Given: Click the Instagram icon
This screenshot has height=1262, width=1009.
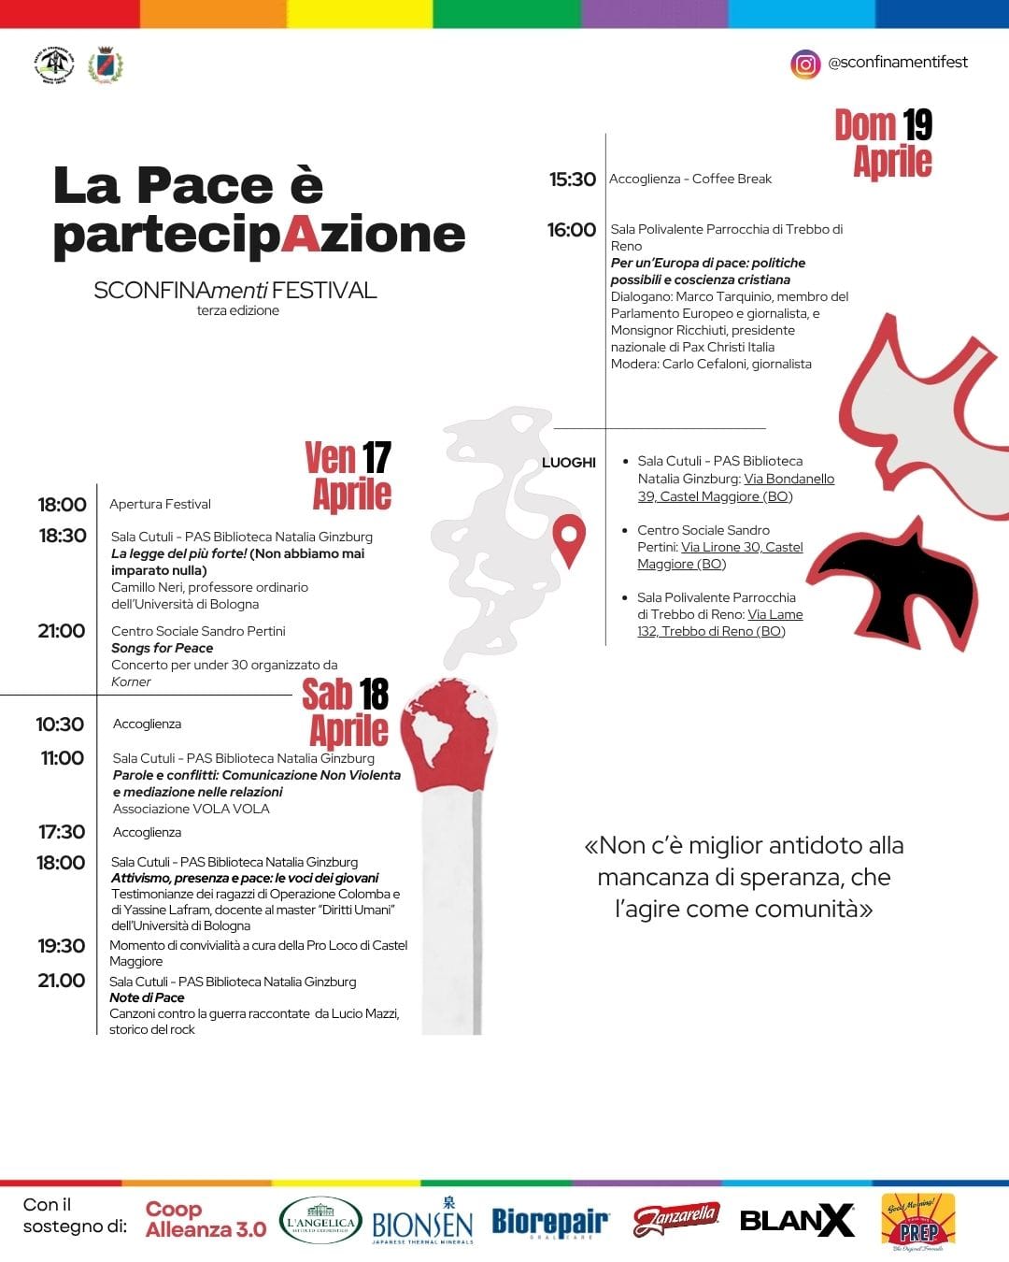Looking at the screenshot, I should point(804,64).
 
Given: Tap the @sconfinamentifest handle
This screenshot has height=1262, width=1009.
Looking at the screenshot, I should point(898,63).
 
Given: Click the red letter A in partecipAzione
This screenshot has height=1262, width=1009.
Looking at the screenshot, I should point(300,235).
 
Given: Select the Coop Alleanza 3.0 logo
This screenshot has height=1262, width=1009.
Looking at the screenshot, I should point(206,1220).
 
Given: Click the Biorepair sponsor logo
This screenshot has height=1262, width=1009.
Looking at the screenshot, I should point(550,1222).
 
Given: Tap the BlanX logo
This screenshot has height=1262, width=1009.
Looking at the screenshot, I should point(797,1220).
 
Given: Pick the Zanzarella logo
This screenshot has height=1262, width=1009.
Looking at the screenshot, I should point(676,1219).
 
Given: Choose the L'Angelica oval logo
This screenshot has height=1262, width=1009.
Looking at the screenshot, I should point(320,1221).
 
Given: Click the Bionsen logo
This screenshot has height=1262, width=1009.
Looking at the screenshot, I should point(422,1223).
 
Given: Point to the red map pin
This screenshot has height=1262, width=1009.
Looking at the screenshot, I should point(568,538).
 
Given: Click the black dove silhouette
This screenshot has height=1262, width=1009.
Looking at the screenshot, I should point(898,580).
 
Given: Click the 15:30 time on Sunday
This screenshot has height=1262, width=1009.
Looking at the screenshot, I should point(572,179).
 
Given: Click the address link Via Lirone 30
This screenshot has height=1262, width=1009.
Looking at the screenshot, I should point(742,547).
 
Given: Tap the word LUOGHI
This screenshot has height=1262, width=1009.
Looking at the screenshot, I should point(568,463).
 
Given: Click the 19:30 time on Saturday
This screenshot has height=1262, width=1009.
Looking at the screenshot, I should point(62,946).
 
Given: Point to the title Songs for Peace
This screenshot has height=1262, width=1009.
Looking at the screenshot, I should point(162,648).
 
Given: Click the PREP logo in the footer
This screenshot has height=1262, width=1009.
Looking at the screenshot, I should point(918,1221).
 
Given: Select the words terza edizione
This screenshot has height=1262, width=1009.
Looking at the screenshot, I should point(237,311).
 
